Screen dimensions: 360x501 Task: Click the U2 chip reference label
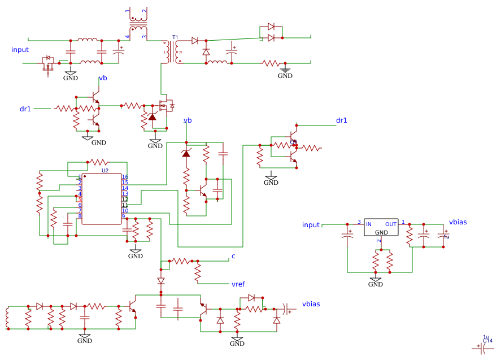pos(105,170)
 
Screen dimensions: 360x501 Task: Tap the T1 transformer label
pos(175,37)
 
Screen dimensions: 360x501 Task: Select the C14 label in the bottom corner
pos(488,341)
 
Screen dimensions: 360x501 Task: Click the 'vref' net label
pos(238,284)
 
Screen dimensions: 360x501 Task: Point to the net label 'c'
pos(233,257)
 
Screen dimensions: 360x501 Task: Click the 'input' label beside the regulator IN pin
pos(311,225)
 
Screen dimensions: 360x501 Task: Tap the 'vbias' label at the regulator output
pos(458,222)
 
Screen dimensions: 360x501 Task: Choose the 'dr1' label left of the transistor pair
pos(25,109)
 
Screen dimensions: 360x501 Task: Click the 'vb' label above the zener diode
pos(188,120)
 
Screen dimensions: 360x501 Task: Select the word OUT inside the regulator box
pos(391,224)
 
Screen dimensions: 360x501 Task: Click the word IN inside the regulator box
pos(369,224)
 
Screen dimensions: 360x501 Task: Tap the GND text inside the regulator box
pos(381,232)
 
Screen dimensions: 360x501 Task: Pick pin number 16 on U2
pos(125,177)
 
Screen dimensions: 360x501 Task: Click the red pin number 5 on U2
pos(80,199)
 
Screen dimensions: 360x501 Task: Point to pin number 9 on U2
pos(123,216)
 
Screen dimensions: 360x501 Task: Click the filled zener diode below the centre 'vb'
pos(186,153)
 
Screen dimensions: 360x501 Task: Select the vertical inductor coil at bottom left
pos(7,318)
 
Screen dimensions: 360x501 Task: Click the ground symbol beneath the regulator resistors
pos(375,280)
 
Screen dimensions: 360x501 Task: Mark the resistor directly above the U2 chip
pos(98,162)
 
